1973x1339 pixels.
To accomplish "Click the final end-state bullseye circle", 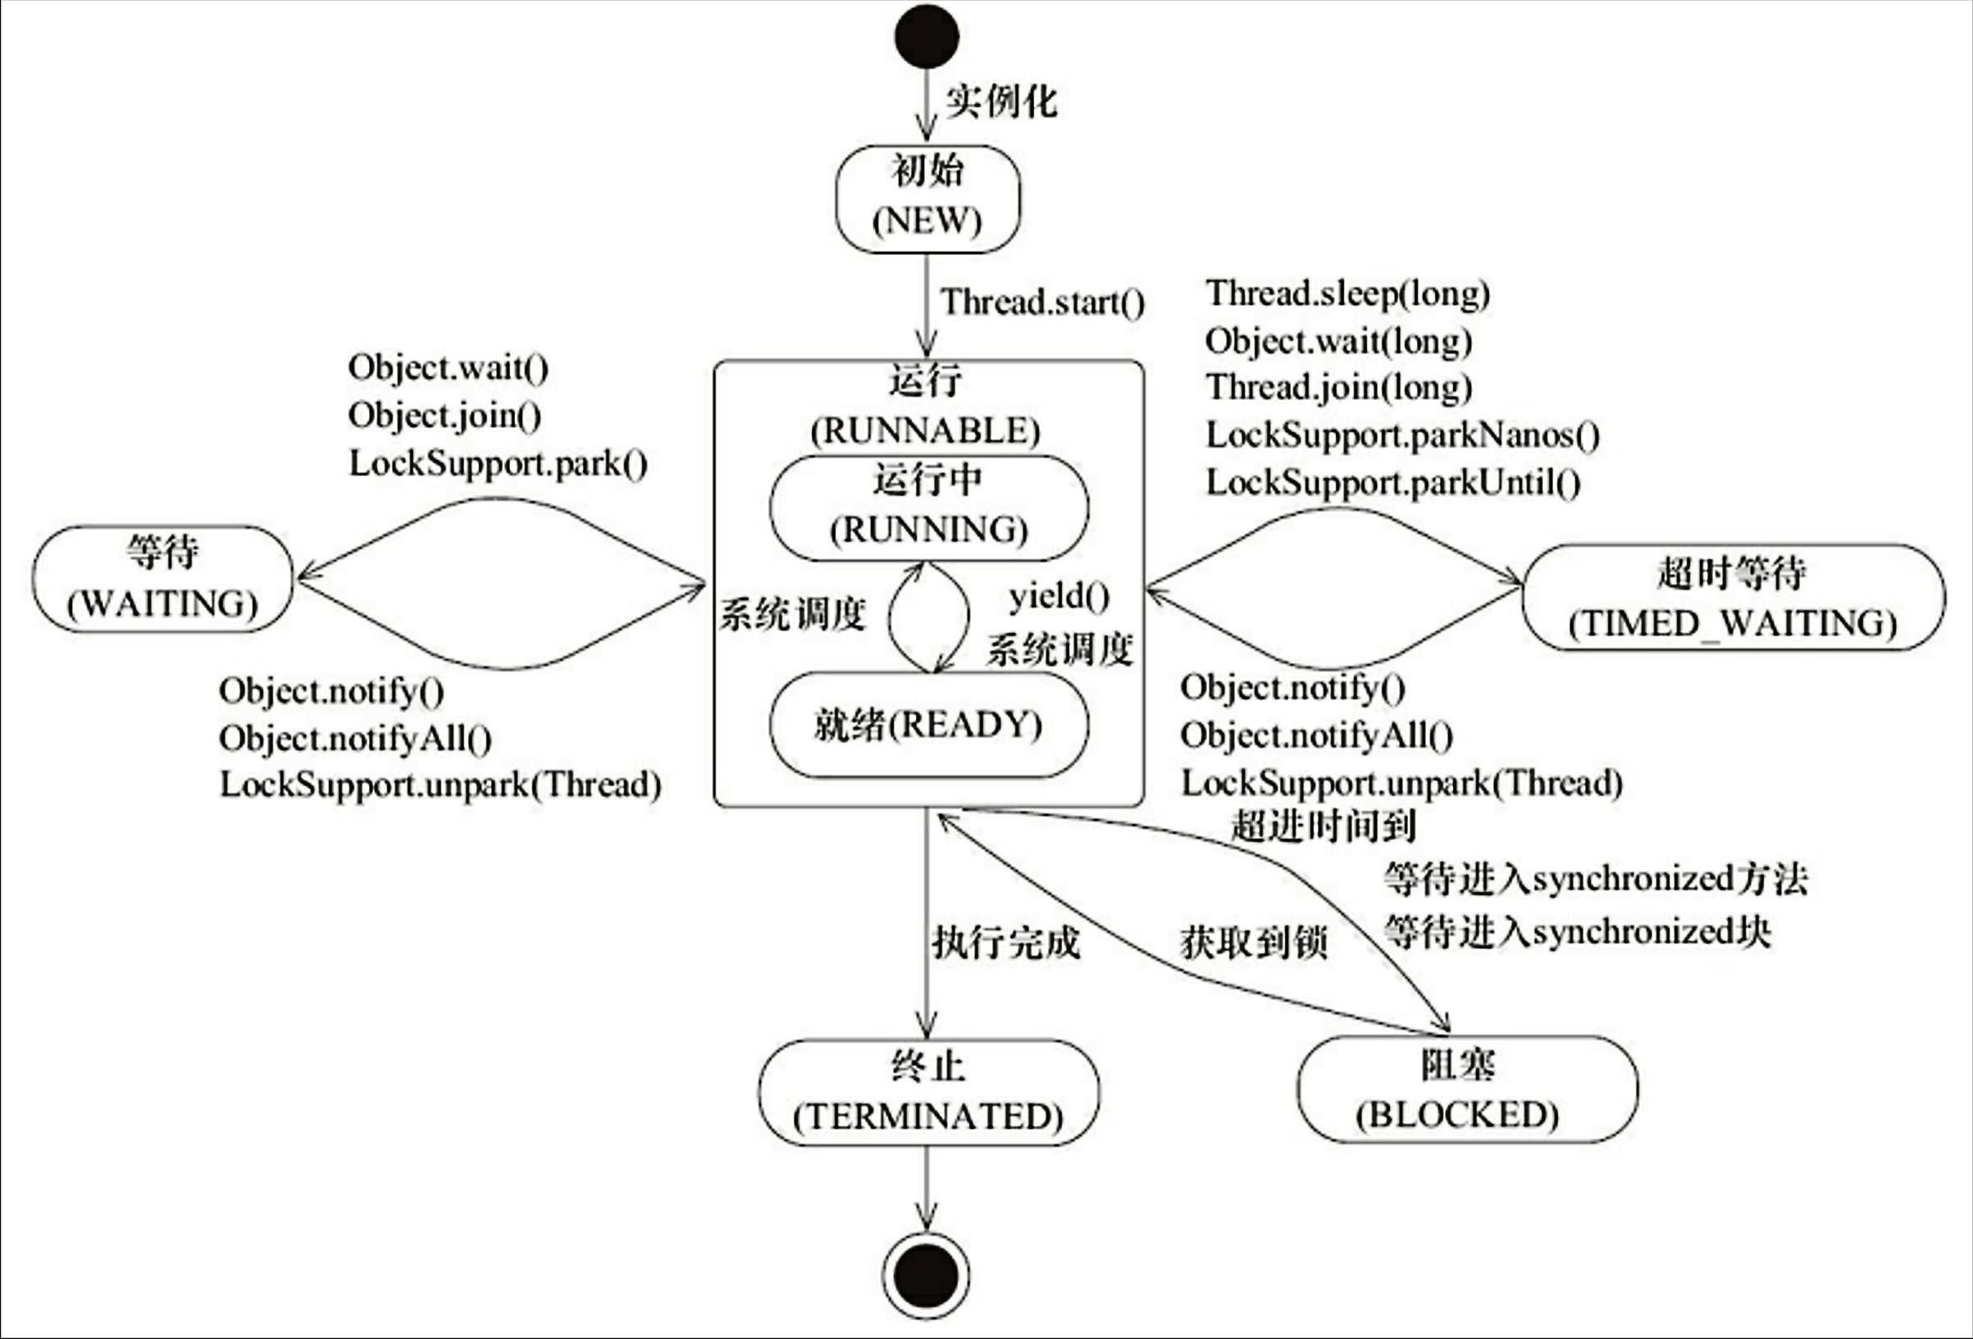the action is click(x=926, y=1275).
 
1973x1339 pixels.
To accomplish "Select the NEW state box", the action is click(x=928, y=198).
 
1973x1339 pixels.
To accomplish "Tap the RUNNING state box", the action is click(x=929, y=508).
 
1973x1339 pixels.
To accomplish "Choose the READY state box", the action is click(x=929, y=724).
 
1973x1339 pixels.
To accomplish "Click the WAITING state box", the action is click(x=163, y=579).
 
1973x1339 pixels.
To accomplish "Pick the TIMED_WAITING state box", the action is click(x=1734, y=598).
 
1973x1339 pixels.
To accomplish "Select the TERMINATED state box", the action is click(x=929, y=1093).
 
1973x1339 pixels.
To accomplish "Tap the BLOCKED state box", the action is click(x=1468, y=1090).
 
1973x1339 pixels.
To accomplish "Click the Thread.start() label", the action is click(x=1042, y=303).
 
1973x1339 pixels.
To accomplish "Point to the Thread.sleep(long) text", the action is click(x=1348, y=294).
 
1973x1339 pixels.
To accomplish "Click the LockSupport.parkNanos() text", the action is click(x=1402, y=435).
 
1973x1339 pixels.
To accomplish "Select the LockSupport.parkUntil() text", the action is click(x=1393, y=483).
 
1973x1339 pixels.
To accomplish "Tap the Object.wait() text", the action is click(x=449, y=367).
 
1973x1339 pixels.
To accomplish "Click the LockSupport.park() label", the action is click(x=499, y=463).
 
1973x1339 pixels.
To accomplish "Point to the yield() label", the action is click(x=1059, y=597).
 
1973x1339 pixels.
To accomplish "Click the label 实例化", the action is click(x=1001, y=101).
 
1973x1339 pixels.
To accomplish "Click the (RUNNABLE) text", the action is click(x=925, y=431).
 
